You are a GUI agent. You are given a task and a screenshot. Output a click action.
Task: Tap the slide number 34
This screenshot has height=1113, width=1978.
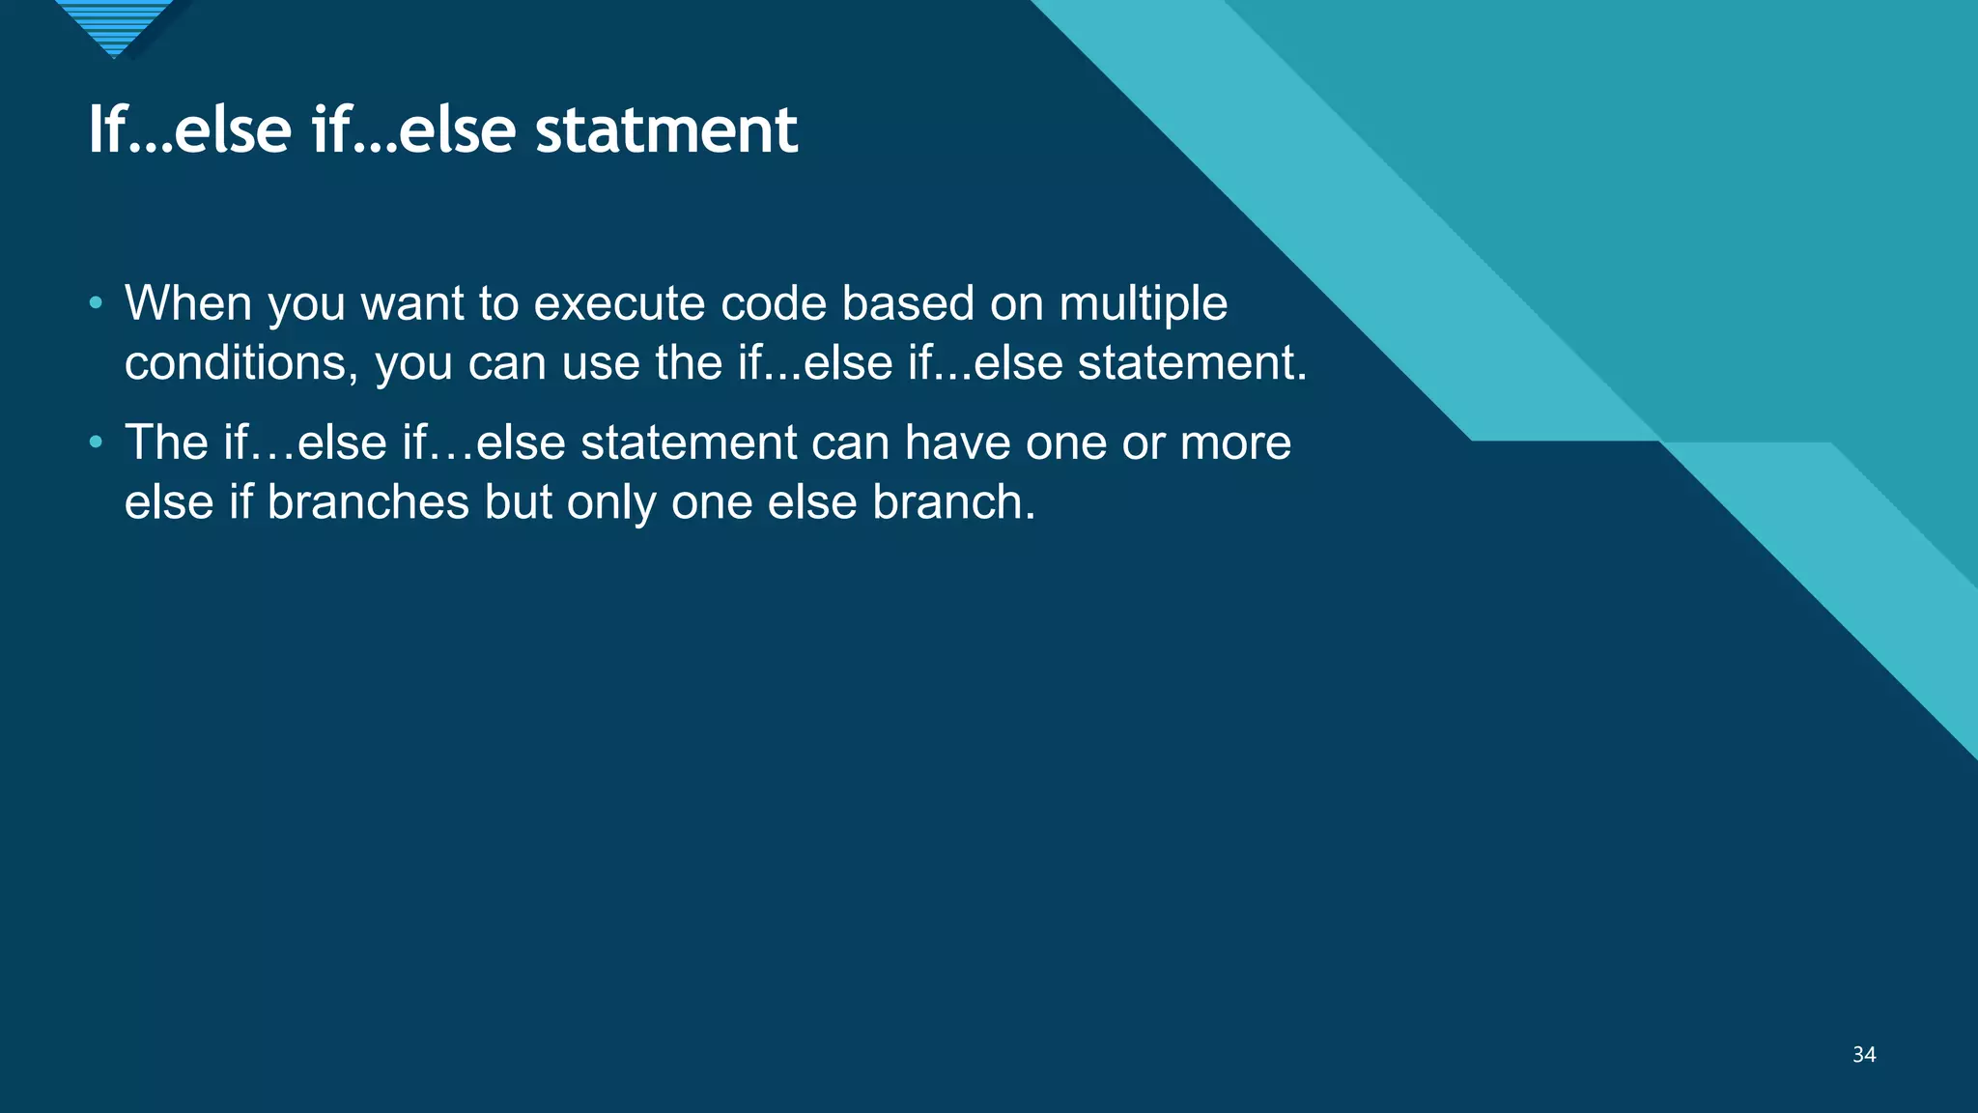[1864, 1055]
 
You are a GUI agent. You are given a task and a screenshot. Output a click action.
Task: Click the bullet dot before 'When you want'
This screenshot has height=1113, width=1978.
[95, 303]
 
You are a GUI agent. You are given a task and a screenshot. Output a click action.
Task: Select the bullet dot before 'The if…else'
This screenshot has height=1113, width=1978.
[95, 442]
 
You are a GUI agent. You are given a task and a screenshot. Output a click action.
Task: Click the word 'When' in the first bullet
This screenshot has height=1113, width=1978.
[188, 303]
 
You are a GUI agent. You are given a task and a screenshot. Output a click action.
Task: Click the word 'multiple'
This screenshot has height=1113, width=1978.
[1143, 303]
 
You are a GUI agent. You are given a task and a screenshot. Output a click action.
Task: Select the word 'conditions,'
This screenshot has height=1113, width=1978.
[241, 363]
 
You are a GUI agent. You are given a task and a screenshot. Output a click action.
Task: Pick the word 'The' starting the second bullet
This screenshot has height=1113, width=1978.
[166, 442]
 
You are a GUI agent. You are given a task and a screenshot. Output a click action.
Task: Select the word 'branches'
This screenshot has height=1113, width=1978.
[367, 502]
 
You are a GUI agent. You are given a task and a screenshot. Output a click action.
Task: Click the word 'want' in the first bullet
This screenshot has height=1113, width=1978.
[412, 303]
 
